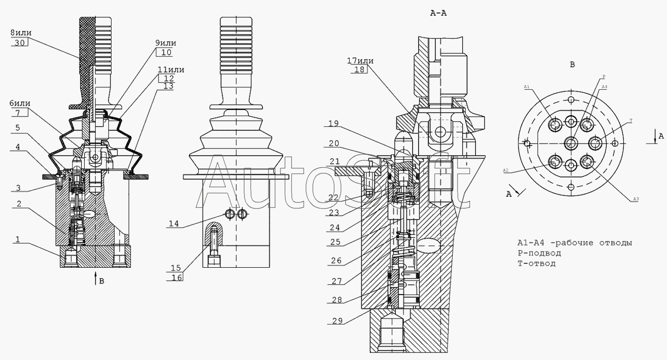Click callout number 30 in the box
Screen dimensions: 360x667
19,43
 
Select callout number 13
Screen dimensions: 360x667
168,86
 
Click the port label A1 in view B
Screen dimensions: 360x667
527,87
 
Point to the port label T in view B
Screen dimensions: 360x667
630,121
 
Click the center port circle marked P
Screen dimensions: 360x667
571,142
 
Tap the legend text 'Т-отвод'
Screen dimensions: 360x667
536,263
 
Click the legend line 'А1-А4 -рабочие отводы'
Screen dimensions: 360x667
574,242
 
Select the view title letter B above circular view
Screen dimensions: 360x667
572,64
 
